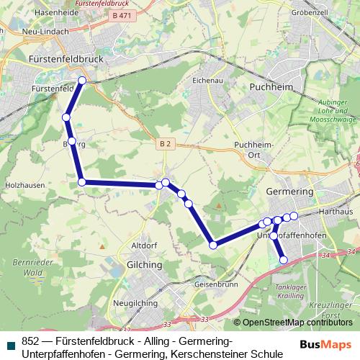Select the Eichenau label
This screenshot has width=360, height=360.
click(206, 81)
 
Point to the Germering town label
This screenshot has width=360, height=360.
click(289, 192)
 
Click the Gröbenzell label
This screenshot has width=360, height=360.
click(310, 13)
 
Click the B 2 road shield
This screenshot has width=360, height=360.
click(166, 144)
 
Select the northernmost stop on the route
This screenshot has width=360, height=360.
click(82, 81)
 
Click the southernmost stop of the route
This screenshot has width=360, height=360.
click(283, 260)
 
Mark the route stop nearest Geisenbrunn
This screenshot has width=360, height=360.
click(213, 246)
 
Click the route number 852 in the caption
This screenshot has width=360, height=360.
click(30, 341)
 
